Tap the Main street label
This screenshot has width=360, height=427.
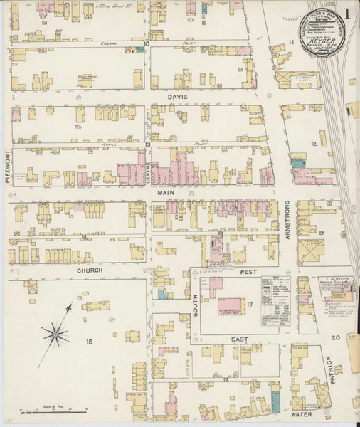pyautogui.click(x=165, y=192)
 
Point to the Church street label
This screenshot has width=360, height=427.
pyautogui.click(x=91, y=271)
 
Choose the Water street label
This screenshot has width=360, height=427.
pyautogui.click(x=302, y=413)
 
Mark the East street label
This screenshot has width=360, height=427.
pyautogui.click(x=241, y=340)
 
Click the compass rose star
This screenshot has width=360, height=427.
pyautogui.click(x=57, y=330)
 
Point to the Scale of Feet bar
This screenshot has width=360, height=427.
pyautogui.click(x=54, y=411)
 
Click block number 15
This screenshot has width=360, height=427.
pyautogui.click(x=89, y=342)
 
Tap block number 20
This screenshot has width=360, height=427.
pyautogui.click(x=334, y=339)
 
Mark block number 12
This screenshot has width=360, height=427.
pyautogui.click(x=312, y=143)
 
